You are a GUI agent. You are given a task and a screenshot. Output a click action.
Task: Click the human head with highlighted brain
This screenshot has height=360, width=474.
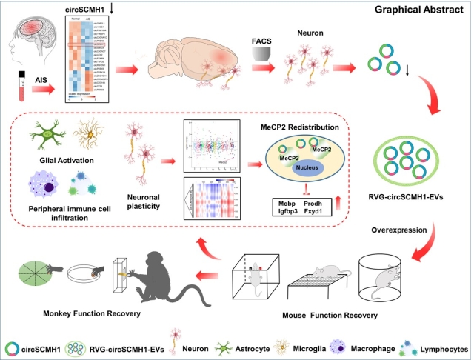click(x=29, y=39)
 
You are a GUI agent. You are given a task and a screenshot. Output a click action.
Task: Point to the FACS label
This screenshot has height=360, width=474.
click(x=271, y=36)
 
